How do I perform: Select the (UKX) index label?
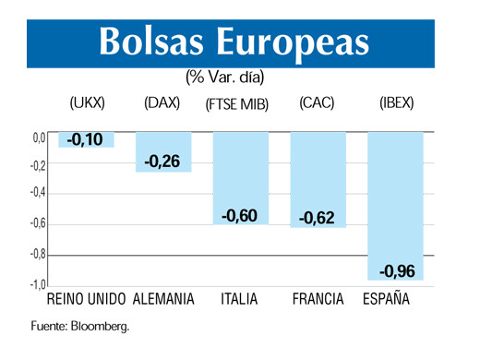(88, 103)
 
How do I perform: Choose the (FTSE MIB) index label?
(236, 104)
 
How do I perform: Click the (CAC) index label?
(316, 103)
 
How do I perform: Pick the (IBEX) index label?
(396, 103)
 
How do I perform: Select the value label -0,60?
(239, 216)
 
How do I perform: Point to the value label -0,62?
(317, 219)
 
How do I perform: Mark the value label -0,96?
(395, 270)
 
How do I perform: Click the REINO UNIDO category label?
(86, 300)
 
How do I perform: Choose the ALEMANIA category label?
(163, 300)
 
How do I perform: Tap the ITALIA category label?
(239, 300)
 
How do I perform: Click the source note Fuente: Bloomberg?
(80, 326)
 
